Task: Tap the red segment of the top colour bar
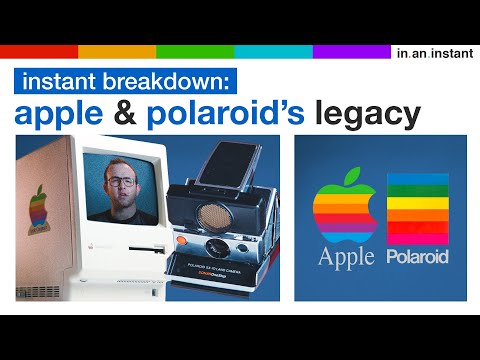click(x=39, y=51)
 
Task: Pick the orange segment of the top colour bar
click(x=116, y=51)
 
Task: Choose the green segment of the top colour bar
click(x=195, y=51)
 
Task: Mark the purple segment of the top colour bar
click(x=351, y=51)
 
